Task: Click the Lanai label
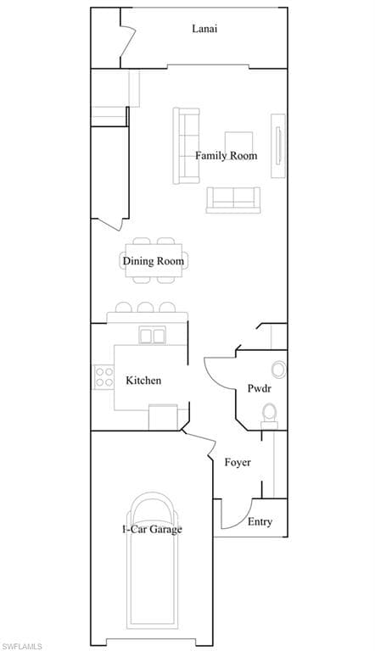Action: coord(204,29)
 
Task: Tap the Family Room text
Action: coord(227,156)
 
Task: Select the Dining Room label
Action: coord(153,261)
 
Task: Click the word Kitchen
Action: coord(143,381)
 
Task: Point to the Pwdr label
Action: coord(260,388)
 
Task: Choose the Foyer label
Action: coord(238,462)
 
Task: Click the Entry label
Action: coord(260,521)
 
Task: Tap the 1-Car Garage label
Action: coord(152,529)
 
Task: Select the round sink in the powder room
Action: coord(278,370)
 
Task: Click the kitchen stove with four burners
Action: coord(104,377)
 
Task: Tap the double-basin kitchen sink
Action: coord(152,335)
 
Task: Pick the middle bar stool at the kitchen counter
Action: coord(146,307)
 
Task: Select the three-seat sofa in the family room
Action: coord(186,146)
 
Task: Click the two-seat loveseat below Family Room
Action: coord(233,200)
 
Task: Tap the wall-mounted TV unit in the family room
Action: coord(278,146)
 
